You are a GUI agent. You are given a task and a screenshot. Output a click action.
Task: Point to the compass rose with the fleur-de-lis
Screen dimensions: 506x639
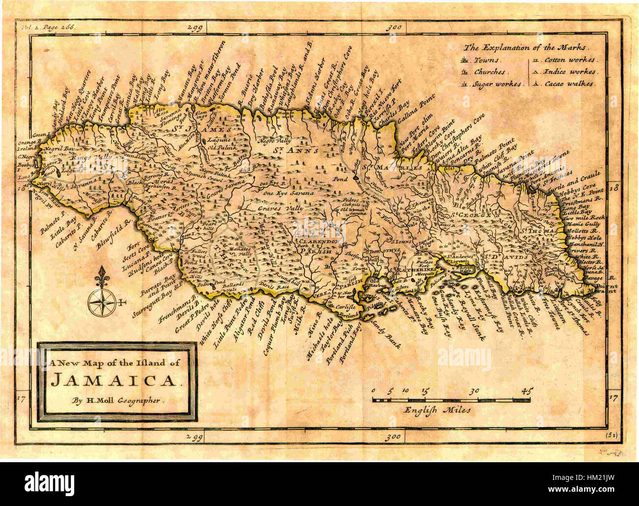click(x=101, y=298)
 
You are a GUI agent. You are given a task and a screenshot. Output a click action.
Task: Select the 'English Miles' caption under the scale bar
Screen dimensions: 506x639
click(x=437, y=409)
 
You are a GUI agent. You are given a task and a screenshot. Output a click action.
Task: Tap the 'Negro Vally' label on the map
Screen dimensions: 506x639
click(x=274, y=141)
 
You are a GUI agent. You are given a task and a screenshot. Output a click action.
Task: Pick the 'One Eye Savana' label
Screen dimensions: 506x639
click(x=289, y=193)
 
